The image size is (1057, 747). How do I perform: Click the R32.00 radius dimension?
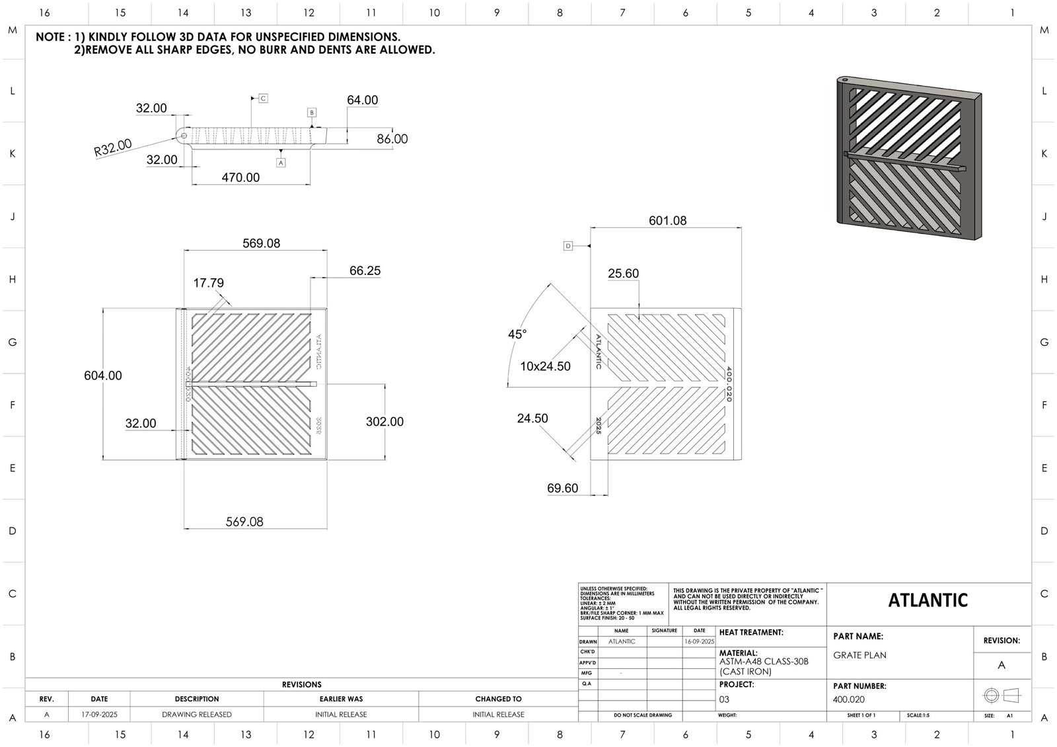[113, 147]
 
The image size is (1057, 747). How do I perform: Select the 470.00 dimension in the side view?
[240, 177]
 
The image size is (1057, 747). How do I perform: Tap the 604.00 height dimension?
[102, 375]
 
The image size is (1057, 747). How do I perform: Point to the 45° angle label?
[517, 334]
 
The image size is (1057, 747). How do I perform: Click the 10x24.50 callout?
[545, 366]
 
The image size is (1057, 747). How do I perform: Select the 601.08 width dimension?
[667, 221]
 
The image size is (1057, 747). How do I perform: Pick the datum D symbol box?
[568, 246]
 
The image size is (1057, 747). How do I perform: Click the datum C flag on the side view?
[262, 98]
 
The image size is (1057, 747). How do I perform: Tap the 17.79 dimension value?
[208, 283]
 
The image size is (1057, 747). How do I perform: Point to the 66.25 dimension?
[365, 270]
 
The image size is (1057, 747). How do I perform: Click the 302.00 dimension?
[384, 422]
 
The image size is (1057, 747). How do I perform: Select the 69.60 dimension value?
[562, 489]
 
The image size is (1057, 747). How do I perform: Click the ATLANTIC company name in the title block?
[928, 600]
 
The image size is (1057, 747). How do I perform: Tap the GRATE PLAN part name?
[859, 655]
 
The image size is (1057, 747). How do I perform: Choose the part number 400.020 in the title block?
[849, 699]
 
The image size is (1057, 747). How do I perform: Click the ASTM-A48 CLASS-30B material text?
[763, 662]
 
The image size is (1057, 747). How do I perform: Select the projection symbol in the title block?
[1002, 695]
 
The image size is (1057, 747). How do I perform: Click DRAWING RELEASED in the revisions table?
[197, 715]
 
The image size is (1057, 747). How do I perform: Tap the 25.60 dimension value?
[623, 274]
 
